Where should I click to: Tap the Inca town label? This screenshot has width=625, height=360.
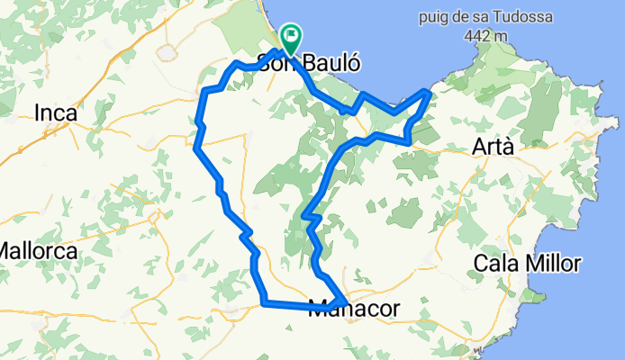(55, 113)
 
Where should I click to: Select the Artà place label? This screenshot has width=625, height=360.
(496, 147)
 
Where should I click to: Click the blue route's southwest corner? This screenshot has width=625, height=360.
(263, 303)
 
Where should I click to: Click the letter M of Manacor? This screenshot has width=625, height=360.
(317, 308)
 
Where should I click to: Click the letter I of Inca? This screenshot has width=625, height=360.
(37, 113)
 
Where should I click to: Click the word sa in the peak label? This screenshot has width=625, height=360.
(472, 17)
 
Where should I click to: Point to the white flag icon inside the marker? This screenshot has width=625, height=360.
(291, 36)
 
